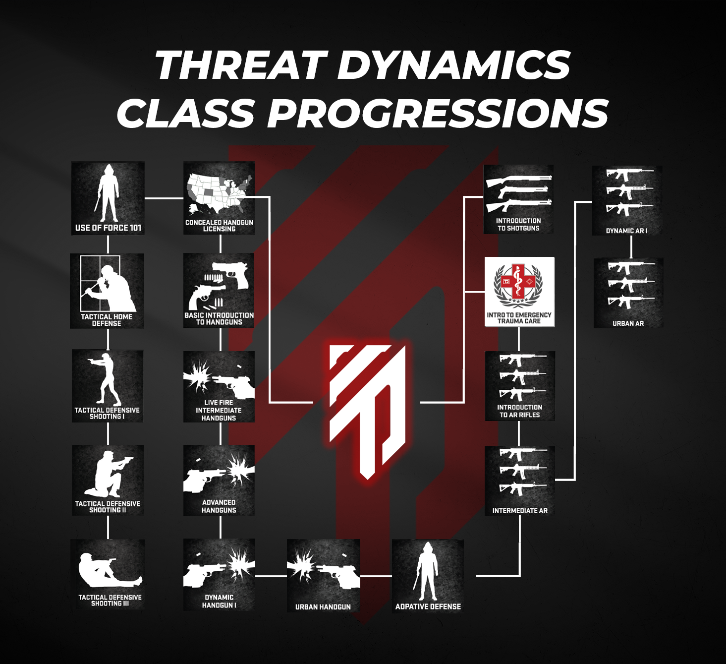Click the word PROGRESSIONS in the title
point(438,114)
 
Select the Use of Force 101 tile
point(108,198)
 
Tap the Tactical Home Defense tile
point(107,291)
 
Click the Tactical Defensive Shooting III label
point(110,601)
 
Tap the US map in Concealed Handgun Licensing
point(219,191)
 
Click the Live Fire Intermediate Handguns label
point(219,411)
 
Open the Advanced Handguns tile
point(219,480)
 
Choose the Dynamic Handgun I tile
point(219,574)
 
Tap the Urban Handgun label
point(323,607)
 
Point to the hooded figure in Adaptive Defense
point(427,570)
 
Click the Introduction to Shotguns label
point(518,225)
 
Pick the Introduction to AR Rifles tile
point(520,386)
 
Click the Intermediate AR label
point(520,511)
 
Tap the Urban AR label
point(628,323)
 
